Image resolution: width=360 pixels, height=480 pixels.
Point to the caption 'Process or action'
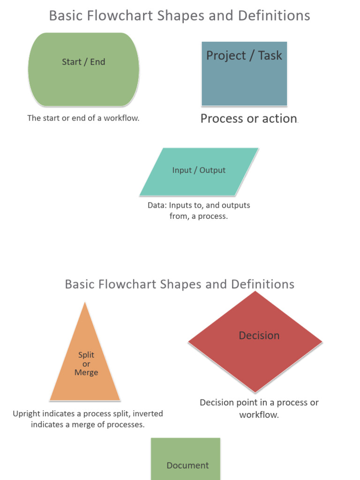pyautogui.click(x=248, y=119)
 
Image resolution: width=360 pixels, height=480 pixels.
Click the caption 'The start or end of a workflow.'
pyautogui.click(x=83, y=118)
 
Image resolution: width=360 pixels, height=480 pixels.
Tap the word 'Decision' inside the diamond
pyautogui.click(x=259, y=336)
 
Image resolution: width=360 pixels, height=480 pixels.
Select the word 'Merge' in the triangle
pyautogui.click(x=86, y=373)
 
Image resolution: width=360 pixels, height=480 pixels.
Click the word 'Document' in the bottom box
pyautogui.click(x=187, y=465)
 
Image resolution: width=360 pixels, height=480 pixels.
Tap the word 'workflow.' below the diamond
pyautogui.click(x=259, y=415)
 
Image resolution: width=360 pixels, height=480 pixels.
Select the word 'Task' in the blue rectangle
pyautogui.click(x=270, y=55)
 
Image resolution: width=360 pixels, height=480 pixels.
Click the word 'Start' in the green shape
pyautogui.click(x=71, y=62)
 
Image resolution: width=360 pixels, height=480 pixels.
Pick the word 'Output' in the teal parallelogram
pyautogui.click(x=212, y=170)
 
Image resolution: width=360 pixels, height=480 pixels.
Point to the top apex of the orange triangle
pyautogui.click(x=85, y=303)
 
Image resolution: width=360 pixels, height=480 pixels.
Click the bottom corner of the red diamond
pyautogui.click(x=255, y=392)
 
